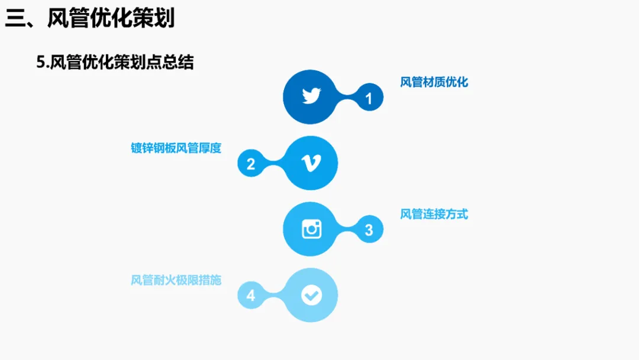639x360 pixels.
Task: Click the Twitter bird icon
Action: tap(311, 97)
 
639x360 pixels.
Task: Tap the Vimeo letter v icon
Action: tap(311, 163)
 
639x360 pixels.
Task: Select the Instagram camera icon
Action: tap(311, 229)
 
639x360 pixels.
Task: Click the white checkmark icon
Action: tap(311, 295)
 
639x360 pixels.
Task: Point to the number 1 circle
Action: tap(369, 98)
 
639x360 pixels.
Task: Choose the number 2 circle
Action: tap(251, 164)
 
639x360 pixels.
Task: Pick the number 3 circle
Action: tap(369, 230)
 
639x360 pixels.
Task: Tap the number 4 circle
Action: tap(251, 295)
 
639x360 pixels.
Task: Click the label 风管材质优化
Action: tap(434, 82)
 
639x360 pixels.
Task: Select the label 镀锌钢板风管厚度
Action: tap(176, 148)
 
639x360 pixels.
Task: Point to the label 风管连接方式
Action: tap(434, 214)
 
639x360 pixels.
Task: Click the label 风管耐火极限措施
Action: tap(176, 280)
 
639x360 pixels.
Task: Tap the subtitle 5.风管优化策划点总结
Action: tap(115, 62)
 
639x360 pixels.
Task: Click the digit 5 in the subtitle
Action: tap(40, 62)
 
